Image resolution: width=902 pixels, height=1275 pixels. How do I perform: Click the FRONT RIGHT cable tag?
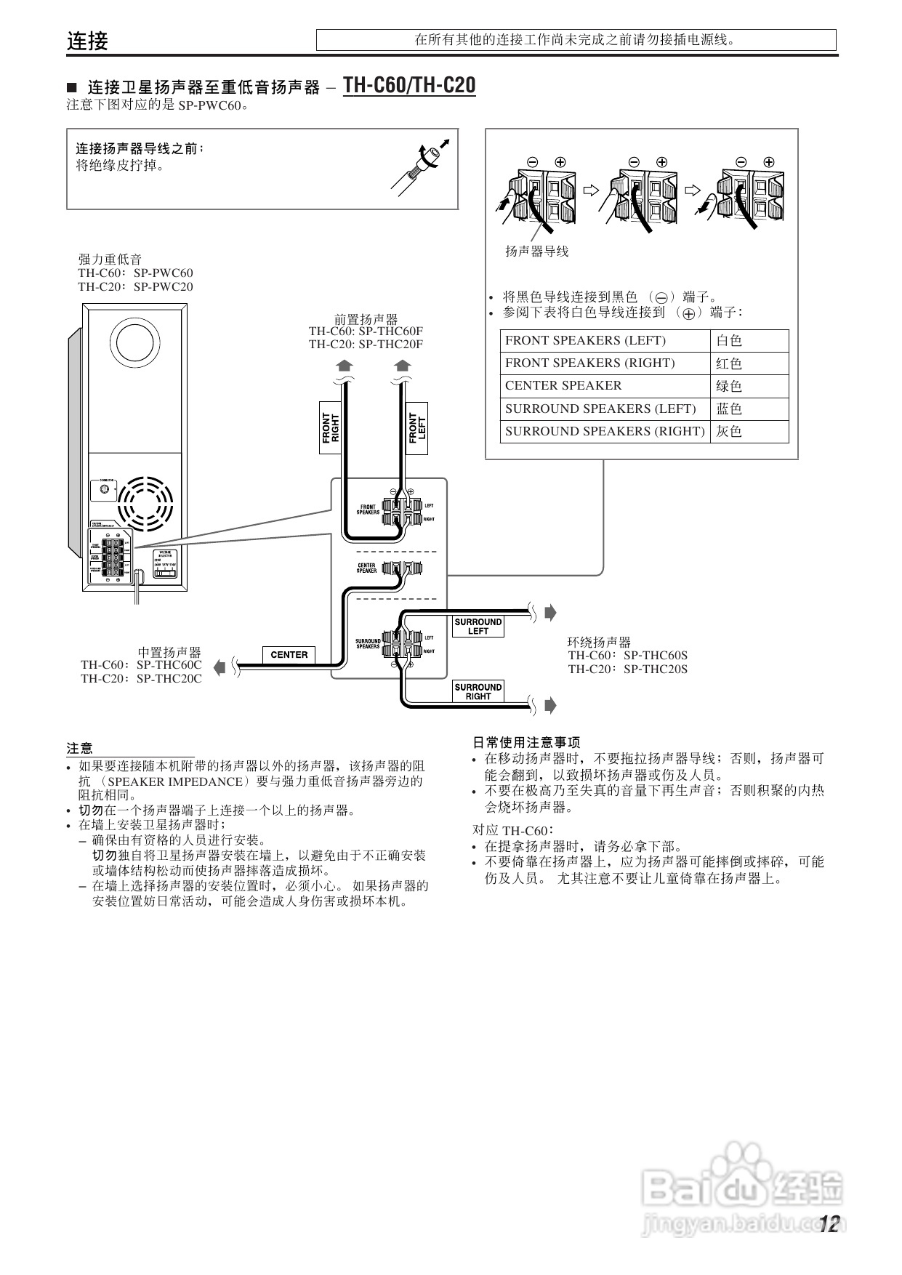[x=330, y=428]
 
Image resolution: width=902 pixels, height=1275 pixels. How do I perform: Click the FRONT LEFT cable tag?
[x=416, y=428]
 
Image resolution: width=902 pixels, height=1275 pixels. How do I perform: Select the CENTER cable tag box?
[x=289, y=654]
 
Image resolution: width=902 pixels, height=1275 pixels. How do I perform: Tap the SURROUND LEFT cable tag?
[x=478, y=627]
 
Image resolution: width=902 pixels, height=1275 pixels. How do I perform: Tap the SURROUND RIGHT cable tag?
[x=478, y=691]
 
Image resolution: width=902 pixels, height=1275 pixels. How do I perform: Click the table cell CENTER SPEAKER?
[x=563, y=386]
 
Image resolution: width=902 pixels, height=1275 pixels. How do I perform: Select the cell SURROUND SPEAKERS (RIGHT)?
[x=605, y=431]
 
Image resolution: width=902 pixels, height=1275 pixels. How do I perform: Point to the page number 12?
[x=829, y=1225]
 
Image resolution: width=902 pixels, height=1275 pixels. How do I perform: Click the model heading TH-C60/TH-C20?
[x=409, y=86]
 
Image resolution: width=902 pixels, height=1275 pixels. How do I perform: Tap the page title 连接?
[x=87, y=41]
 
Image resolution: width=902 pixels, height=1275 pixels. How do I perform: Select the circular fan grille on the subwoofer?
[x=146, y=502]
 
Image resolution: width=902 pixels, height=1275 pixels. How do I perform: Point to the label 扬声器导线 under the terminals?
[x=536, y=252]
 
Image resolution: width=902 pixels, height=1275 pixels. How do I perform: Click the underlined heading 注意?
[x=80, y=748]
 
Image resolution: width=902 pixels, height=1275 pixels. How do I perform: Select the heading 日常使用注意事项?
[x=526, y=742]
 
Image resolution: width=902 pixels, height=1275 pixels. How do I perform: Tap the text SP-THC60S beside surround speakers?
[x=655, y=655]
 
